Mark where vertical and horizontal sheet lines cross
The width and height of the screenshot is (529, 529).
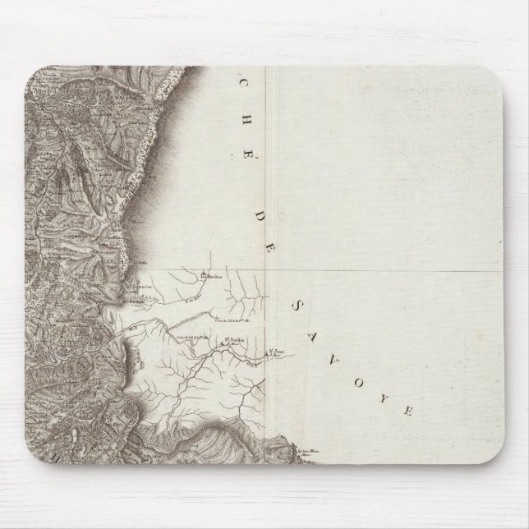[274, 269]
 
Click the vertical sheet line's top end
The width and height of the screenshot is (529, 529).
[274, 68]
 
